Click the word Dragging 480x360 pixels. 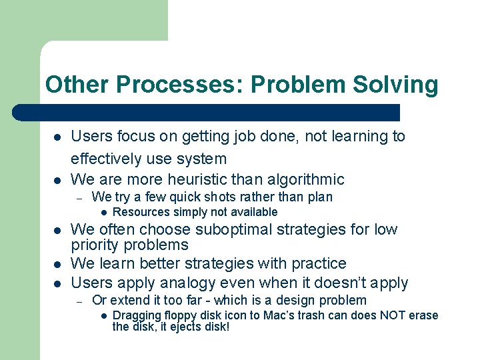(x=138, y=315)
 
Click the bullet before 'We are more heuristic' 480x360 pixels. (x=58, y=180)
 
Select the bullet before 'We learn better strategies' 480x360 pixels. (x=58, y=264)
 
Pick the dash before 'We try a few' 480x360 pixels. (x=79, y=197)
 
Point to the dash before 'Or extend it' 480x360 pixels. (x=79, y=301)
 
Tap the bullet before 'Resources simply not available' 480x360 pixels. (x=105, y=213)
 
